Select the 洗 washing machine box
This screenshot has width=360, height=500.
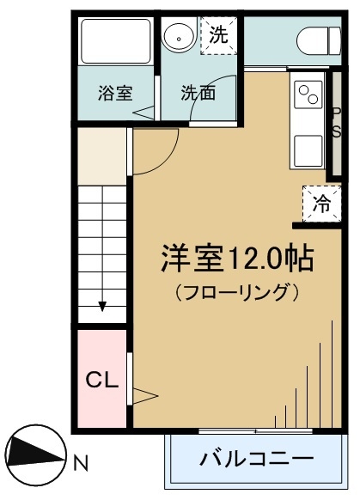pyautogui.click(x=220, y=36)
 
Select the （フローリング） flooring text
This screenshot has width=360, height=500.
pyautogui.click(x=236, y=291)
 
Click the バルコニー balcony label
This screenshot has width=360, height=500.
pyautogui.click(x=256, y=457)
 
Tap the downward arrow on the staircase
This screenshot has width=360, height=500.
pyautogui.click(x=102, y=305)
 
